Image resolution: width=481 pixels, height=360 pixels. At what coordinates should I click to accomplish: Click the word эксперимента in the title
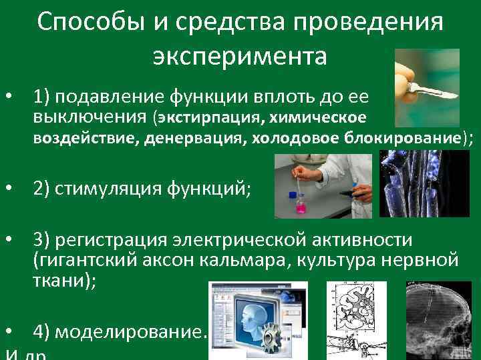click(240, 56)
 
